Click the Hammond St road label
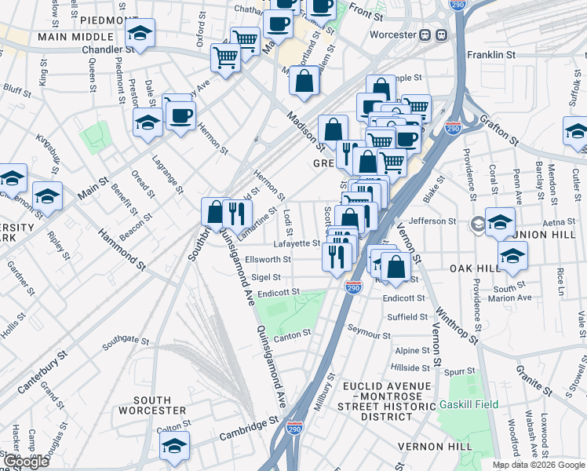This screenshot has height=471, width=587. pyautogui.click(x=122, y=248)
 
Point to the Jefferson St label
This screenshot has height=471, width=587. pyautogui.click(x=432, y=221)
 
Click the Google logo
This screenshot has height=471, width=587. pyautogui.click(x=25, y=462)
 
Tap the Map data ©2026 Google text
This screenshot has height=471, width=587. pyautogui.click(x=538, y=464)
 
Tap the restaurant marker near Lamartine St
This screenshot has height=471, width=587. pyautogui.click(x=236, y=212)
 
